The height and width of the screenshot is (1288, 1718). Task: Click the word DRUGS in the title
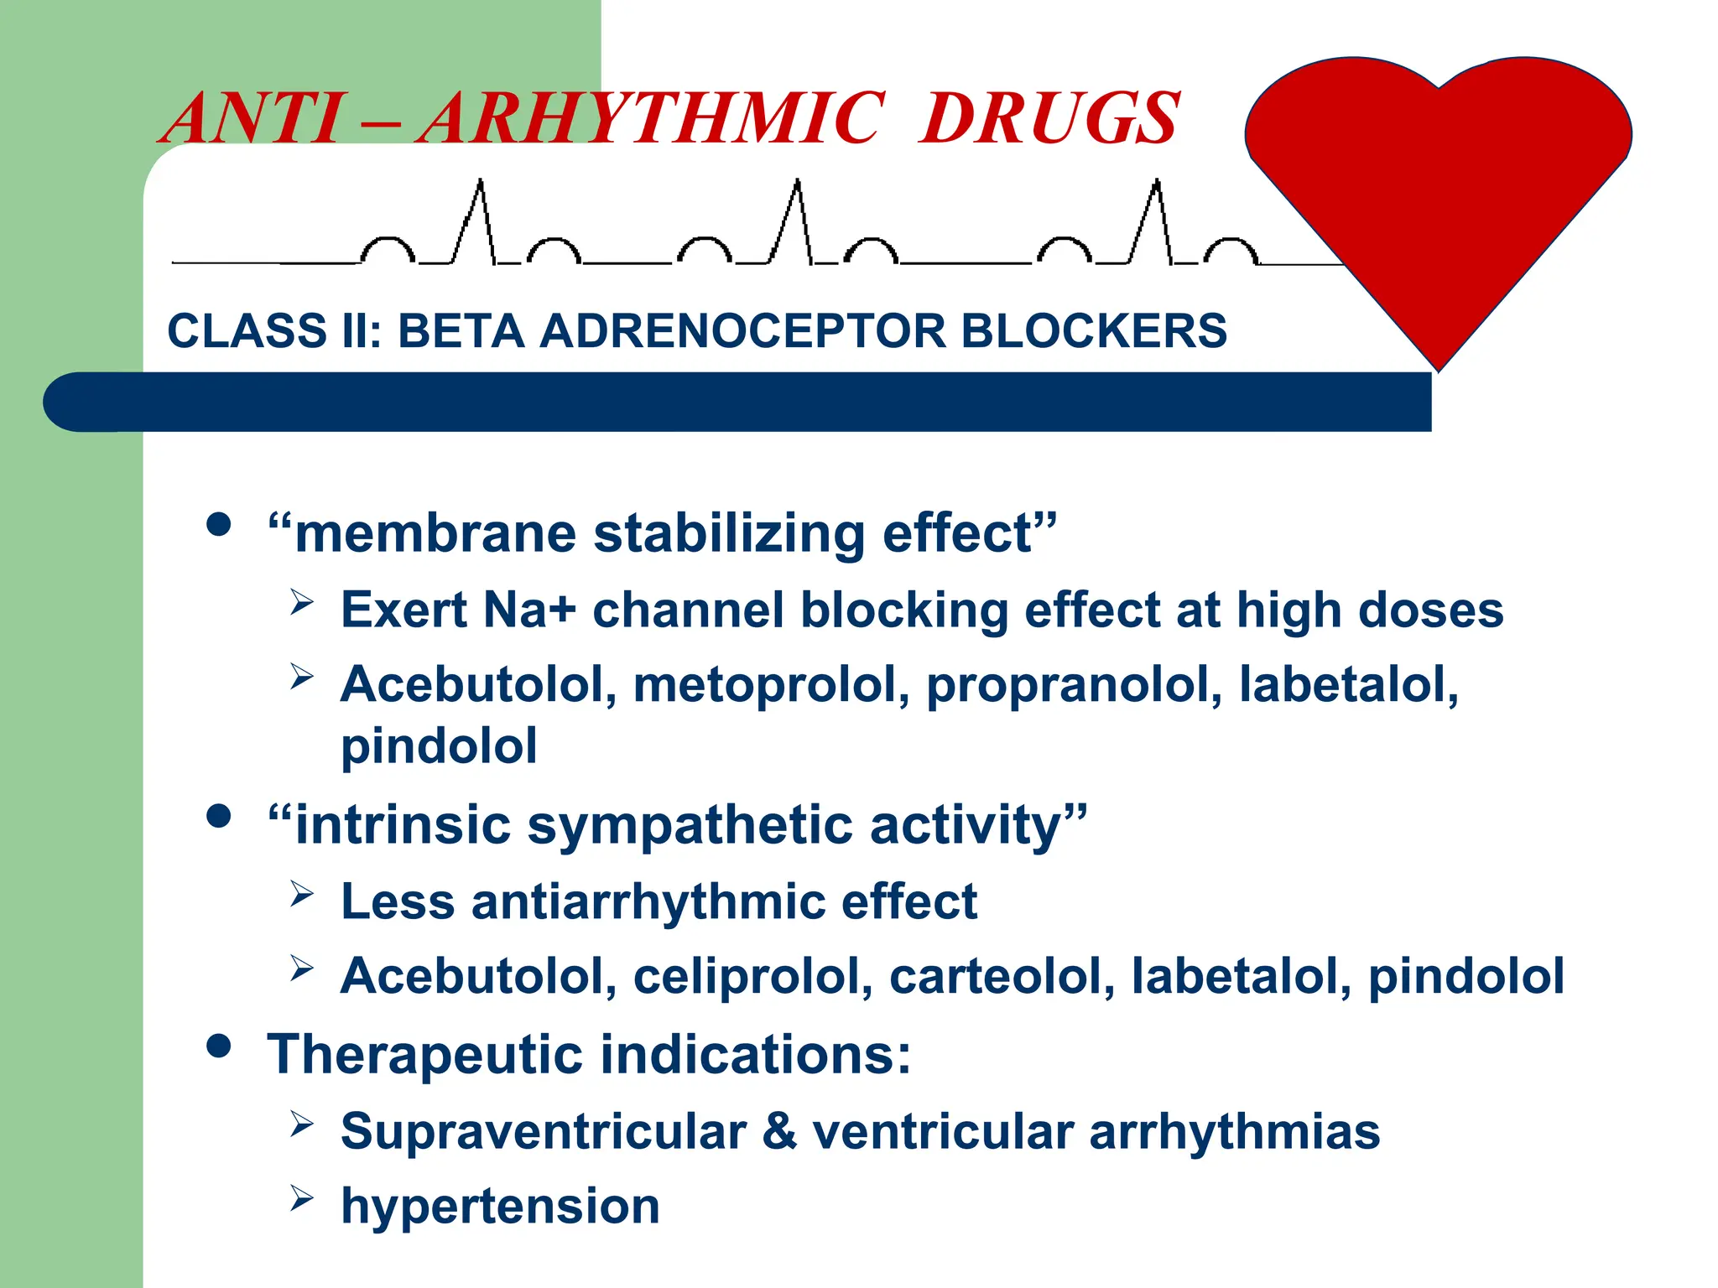click(x=1049, y=118)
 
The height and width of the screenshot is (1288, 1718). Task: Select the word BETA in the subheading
click(x=461, y=330)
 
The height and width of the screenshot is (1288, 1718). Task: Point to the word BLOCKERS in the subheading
click(x=1094, y=330)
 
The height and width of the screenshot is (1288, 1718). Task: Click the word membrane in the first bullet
click(x=435, y=533)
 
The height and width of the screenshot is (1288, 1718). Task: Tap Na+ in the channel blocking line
click(x=529, y=610)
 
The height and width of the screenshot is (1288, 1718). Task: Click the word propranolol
click(x=1074, y=684)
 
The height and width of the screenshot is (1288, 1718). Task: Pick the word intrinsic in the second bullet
click(x=403, y=824)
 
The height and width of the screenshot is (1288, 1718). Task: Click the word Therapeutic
click(x=424, y=1054)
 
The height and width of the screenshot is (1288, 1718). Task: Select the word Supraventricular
click(x=544, y=1131)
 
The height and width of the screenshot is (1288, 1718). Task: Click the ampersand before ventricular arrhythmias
click(x=779, y=1131)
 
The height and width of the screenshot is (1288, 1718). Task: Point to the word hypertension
click(x=500, y=1206)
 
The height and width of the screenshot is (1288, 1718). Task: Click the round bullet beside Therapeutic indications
click(x=218, y=1046)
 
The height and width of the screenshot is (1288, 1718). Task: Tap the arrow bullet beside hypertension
click(x=302, y=1198)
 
